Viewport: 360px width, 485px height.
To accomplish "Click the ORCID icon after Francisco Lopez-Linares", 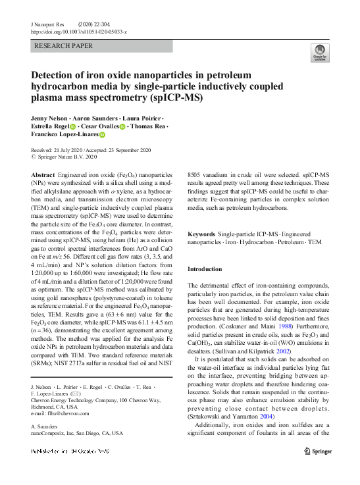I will pos(102,135).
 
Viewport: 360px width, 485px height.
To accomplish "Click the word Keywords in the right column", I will pos(201,234).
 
